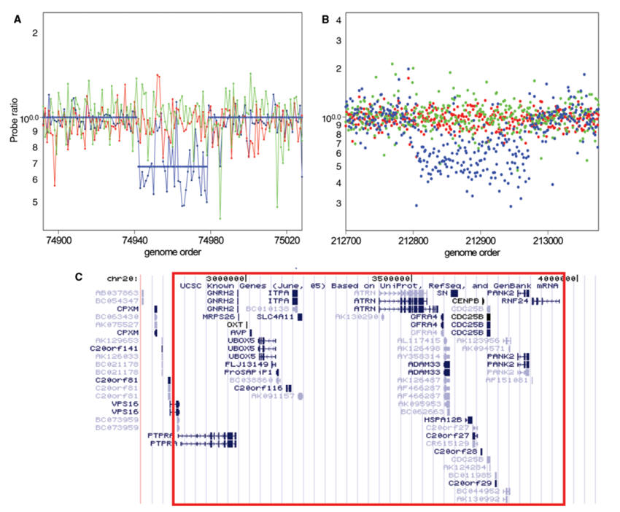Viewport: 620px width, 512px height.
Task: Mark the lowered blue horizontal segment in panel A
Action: click(172, 167)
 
